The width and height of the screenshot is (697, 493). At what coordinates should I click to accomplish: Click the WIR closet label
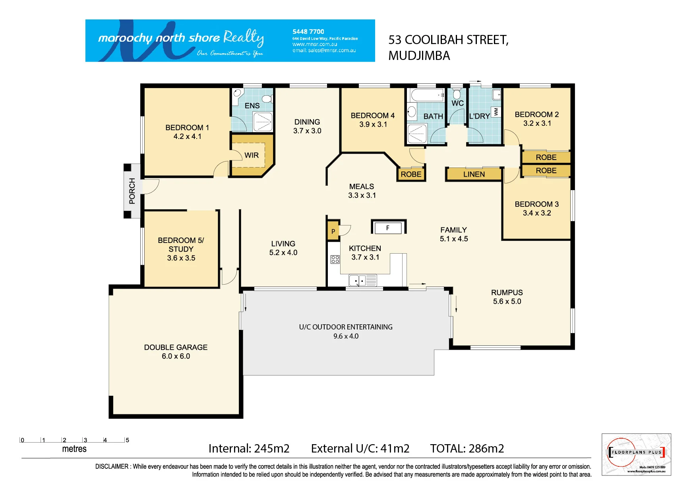click(252, 155)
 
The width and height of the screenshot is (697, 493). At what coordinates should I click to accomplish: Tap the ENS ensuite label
click(252, 106)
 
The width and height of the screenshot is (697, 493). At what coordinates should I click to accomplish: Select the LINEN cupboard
click(474, 174)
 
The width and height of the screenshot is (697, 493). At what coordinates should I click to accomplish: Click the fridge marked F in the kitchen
click(388, 227)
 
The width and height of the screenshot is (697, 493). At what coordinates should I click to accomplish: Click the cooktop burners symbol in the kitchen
click(335, 259)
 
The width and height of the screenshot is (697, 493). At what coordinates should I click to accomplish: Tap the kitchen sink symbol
click(363, 280)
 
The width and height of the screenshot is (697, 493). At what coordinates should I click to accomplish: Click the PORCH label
click(132, 191)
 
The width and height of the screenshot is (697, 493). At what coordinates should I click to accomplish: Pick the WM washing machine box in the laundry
click(496, 112)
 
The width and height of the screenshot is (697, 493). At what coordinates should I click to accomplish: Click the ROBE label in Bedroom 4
click(411, 174)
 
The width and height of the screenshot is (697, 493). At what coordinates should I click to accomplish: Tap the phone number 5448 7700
click(308, 31)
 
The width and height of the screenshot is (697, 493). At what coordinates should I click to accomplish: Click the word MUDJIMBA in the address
click(419, 56)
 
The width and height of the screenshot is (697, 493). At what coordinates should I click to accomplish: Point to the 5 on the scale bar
click(127, 440)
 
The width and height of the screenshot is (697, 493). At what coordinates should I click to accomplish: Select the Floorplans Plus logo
click(636, 454)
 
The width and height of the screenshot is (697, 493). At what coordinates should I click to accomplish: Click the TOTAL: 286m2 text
click(467, 449)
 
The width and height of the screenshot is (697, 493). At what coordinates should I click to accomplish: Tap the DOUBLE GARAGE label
click(176, 347)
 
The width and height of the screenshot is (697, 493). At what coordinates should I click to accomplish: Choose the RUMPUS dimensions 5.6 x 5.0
click(507, 301)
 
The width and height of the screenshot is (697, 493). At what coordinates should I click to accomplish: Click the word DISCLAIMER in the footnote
click(112, 466)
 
